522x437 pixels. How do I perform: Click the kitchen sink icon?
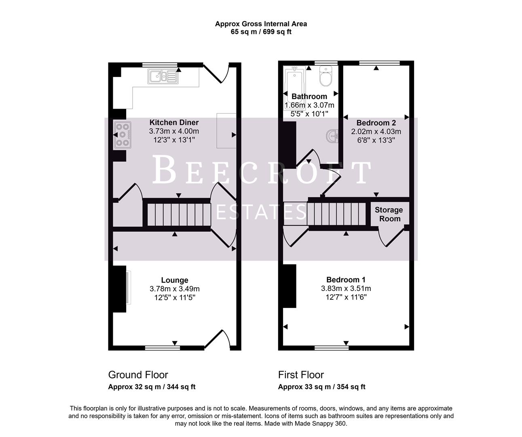(x=162, y=76)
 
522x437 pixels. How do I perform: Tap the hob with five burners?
(x=122, y=134)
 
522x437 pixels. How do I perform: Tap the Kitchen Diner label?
(x=174, y=123)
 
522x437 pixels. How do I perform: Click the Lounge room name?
(x=175, y=280)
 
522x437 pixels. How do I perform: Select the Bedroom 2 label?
(x=376, y=123)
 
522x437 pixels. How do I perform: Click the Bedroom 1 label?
(x=346, y=280)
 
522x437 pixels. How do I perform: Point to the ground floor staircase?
(x=178, y=214)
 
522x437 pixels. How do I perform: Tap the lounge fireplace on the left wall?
(x=120, y=289)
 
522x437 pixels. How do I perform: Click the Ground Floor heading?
(x=138, y=375)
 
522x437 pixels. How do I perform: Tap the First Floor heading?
(x=301, y=375)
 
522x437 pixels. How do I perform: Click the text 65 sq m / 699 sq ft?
(x=261, y=32)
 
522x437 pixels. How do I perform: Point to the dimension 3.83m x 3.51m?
(x=346, y=289)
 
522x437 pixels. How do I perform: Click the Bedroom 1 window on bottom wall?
(x=332, y=347)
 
